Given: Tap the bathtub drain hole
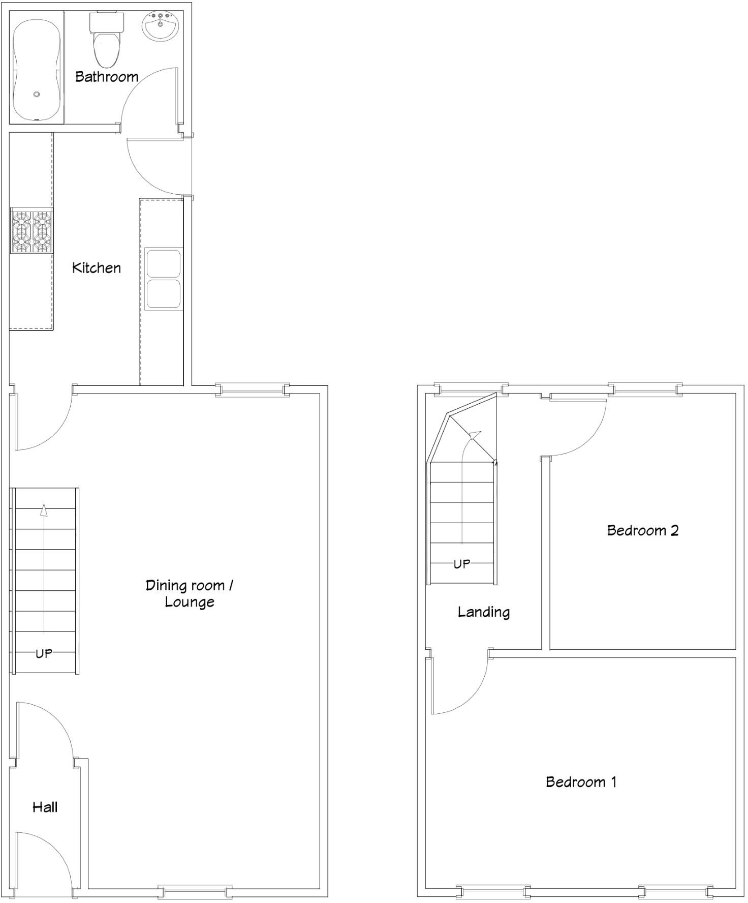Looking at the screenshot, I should (37, 95).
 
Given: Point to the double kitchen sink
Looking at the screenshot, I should (163, 279).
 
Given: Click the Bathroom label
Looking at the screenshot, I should (107, 77).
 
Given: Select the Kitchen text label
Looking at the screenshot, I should (97, 268).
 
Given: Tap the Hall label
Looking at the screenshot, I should (45, 807).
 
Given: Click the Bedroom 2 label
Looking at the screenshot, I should (643, 530).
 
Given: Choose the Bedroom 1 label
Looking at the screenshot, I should (581, 781).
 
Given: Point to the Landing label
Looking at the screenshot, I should (483, 612).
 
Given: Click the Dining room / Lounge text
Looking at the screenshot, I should (189, 593).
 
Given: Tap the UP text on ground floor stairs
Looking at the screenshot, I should (44, 653).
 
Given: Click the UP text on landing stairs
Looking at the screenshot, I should (461, 564).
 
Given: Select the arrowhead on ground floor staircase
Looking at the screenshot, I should (44, 510).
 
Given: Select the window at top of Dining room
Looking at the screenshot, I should (252, 390).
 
